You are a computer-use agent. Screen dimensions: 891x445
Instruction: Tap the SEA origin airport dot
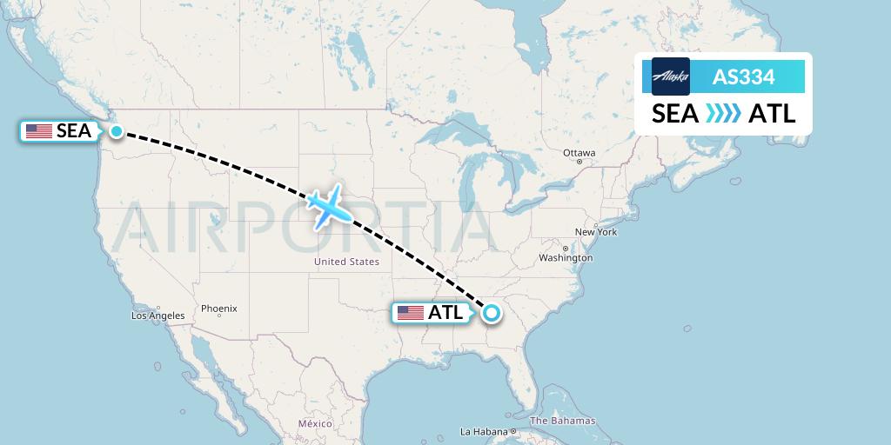pos(117,131)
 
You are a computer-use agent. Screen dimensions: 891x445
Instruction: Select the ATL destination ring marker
pos(492,313)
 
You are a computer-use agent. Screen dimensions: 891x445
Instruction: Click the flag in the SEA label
pos(38,131)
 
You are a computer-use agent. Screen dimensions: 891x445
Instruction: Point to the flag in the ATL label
pos(410,313)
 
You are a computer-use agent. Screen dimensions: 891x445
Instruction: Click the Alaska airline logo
pos(670,76)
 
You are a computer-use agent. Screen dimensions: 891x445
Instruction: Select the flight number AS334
pos(743,77)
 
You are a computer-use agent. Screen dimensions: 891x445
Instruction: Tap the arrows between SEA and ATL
pos(723,114)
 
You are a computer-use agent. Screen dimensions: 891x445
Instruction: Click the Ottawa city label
pos(579,153)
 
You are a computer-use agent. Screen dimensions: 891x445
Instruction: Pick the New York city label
pos(596,232)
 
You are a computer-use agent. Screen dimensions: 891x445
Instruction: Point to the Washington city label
pos(566,258)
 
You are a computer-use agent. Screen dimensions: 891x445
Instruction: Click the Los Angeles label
pos(157,315)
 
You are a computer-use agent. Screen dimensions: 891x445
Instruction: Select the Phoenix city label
pos(218,309)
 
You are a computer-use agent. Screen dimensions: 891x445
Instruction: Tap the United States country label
pos(346,262)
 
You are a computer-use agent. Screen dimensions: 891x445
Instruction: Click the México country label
pos(315,423)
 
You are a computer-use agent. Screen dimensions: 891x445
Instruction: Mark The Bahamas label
pos(562,421)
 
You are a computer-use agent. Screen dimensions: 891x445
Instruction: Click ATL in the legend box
pos(772,114)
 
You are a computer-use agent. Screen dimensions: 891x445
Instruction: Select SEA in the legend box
pos(675,114)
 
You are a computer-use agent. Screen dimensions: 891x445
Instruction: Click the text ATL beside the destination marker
pos(445,313)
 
